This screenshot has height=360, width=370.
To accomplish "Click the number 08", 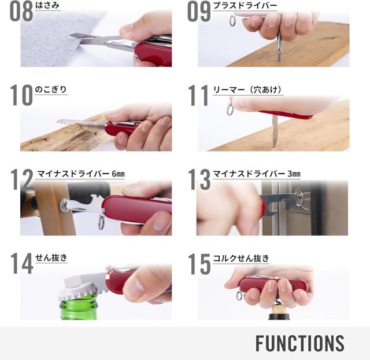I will pos(20,12).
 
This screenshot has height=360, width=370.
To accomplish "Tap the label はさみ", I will pos(47,6).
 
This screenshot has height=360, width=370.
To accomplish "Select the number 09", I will pos(199,12).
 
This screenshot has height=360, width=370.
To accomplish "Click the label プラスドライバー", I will pos(245,6).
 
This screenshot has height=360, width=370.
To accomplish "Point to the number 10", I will pos(21,95).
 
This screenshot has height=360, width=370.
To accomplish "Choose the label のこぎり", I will pos(51,90).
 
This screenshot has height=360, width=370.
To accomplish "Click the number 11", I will pos(198,95).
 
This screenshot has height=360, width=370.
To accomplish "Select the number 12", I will pos(21,179).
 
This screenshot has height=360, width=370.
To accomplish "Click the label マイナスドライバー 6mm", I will pos(80,174).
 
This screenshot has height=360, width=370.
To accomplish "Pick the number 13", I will pos(199,179).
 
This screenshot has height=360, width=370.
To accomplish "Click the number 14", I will pos(21,263).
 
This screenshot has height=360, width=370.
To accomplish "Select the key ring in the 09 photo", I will pos(232,21).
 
